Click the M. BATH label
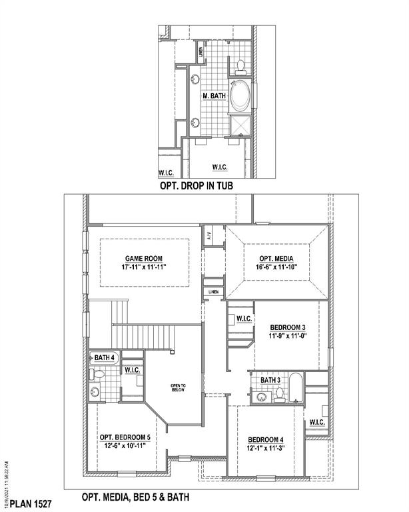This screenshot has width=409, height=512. point(214,96)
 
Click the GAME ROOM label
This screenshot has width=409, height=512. point(143,259)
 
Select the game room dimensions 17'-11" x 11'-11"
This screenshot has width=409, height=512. point(143,267)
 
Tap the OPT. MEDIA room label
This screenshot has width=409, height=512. point(276,259)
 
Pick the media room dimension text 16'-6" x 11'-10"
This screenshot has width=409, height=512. point(276,267)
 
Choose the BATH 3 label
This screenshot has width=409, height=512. point(270,380)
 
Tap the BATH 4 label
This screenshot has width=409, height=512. point(105,358)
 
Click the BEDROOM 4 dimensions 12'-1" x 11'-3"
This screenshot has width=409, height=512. point(266,448)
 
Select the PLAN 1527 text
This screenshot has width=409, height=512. point(31,499)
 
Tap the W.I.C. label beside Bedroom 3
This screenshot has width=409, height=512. point(243,319)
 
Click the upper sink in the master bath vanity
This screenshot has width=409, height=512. point(196,79)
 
